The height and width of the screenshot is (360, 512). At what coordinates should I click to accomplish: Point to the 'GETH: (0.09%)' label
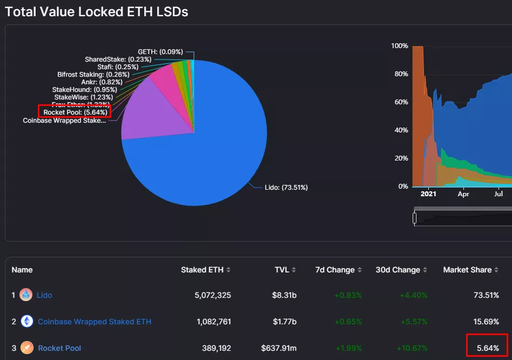click(160, 52)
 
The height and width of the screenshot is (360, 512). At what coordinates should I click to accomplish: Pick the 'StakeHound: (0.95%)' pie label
click(84, 89)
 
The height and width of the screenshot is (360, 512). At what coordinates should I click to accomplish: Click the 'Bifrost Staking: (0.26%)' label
click(93, 74)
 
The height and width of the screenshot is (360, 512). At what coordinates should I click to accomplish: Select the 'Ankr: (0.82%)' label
click(102, 82)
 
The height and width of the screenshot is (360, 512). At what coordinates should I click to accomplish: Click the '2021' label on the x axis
click(428, 194)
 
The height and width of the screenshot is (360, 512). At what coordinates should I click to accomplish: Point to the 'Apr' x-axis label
click(463, 194)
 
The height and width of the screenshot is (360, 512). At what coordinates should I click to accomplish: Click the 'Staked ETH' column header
click(201, 270)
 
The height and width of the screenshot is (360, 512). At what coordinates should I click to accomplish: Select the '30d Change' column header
click(398, 270)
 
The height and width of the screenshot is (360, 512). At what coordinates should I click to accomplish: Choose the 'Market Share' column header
click(467, 270)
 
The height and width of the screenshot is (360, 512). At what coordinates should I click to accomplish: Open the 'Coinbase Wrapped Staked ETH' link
click(95, 322)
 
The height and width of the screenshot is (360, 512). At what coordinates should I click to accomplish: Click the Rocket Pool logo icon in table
click(26, 348)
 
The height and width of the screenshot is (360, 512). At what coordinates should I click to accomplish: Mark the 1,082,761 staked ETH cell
click(213, 322)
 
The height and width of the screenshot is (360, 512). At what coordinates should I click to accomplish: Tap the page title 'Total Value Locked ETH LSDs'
click(97, 11)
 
